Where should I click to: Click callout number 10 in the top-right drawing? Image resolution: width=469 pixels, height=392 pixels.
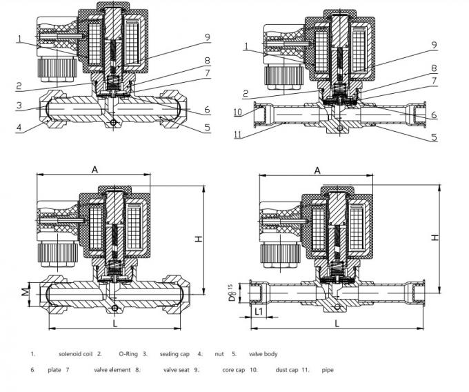click(237, 111)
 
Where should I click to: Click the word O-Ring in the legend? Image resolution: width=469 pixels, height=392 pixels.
click(128, 354)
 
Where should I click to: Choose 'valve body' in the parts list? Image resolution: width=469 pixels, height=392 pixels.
click(263, 354)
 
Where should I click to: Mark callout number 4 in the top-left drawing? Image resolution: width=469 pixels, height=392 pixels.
click(20, 126)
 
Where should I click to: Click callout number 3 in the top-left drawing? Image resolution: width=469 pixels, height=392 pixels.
click(20, 106)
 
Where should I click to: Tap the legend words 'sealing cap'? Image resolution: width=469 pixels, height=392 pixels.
click(176, 354)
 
